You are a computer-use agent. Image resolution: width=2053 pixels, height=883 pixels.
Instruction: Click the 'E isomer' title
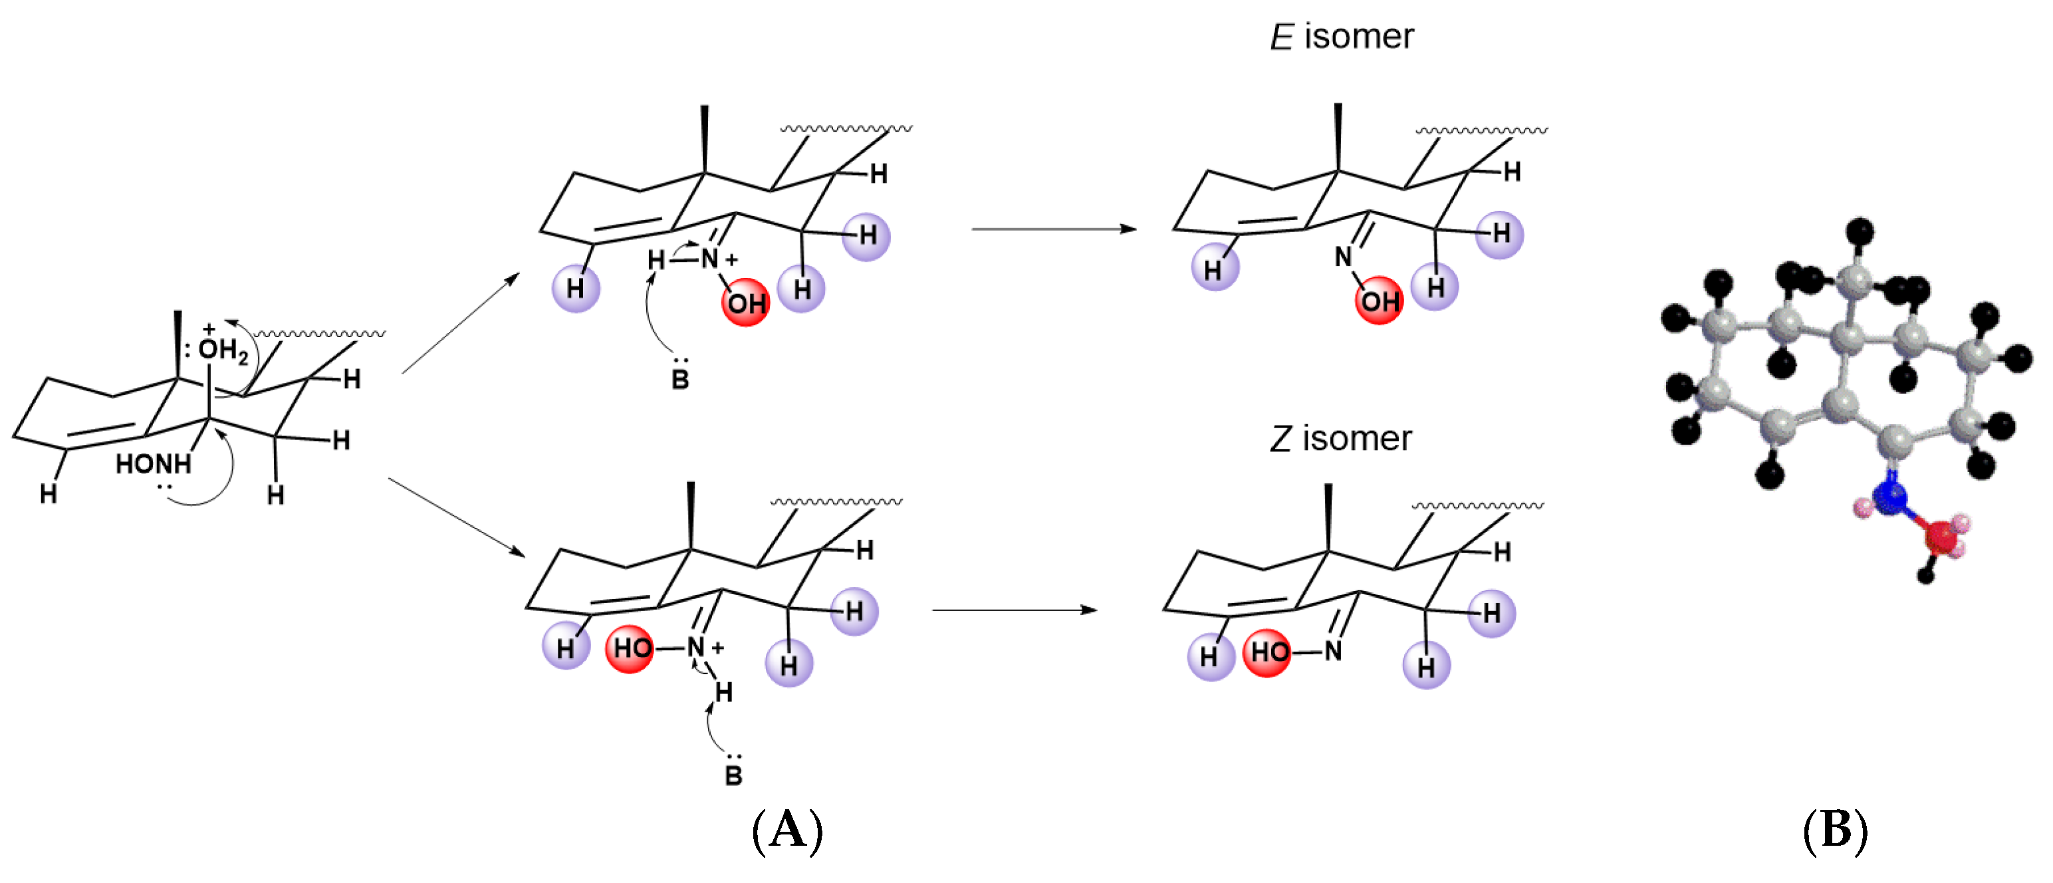tap(1342, 37)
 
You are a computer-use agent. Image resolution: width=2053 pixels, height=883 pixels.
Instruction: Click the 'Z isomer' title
tap(1340, 439)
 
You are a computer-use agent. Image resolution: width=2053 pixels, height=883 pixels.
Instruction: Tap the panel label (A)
tap(786, 830)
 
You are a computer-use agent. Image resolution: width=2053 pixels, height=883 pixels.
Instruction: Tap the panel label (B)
tap(1835, 830)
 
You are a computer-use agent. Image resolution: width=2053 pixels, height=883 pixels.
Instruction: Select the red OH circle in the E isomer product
tap(1379, 301)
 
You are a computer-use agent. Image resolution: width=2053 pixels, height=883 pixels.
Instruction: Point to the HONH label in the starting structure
tap(153, 464)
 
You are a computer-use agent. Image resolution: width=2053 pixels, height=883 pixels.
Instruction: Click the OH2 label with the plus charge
tap(221, 348)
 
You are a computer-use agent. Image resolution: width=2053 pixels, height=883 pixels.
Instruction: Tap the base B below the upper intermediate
tap(680, 378)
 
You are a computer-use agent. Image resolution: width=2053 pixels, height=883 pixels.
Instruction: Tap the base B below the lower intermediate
tap(733, 775)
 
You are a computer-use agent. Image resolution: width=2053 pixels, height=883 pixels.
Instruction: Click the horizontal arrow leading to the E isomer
tap(1053, 229)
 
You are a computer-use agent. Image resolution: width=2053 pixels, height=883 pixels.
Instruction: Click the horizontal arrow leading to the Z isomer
tap(1014, 610)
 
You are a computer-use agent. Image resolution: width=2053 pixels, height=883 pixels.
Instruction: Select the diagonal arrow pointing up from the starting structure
tap(461, 322)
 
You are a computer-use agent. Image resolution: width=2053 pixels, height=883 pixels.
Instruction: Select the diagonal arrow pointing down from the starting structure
tap(456, 517)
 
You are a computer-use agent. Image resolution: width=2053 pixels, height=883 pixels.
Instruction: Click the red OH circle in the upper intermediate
tap(745, 303)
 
